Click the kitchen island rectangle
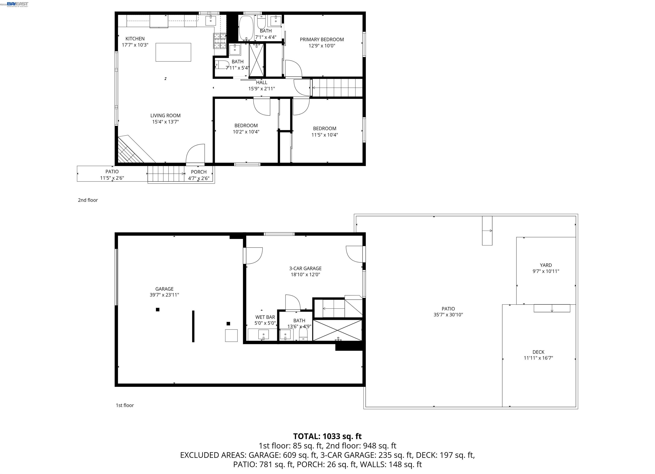(x=173, y=52)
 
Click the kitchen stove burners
(x=220, y=41)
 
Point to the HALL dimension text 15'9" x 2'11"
(x=262, y=89)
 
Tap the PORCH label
(x=199, y=172)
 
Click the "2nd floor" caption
(x=88, y=200)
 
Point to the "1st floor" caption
(x=125, y=405)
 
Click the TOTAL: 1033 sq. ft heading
(x=327, y=436)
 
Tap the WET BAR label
(x=265, y=317)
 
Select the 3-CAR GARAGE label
(x=305, y=268)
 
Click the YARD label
(x=546, y=265)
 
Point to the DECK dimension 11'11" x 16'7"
(x=538, y=358)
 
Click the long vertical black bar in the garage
(x=193, y=326)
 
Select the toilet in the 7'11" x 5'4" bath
(x=222, y=65)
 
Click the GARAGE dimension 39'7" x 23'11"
(x=164, y=295)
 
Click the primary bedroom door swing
(x=293, y=69)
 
